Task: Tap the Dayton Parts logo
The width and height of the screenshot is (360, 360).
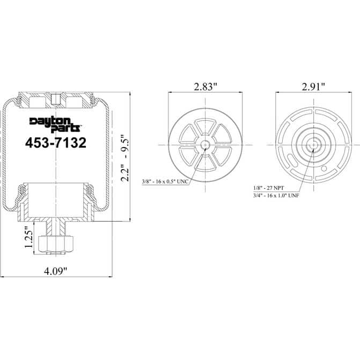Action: coord(55,124)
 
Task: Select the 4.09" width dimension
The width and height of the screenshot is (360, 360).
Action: coord(56,271)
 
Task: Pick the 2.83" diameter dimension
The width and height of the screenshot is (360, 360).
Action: coord(205,86)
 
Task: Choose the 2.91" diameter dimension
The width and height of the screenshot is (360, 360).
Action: coord(313,86)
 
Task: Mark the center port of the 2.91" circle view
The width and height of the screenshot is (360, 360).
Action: coord(313,145)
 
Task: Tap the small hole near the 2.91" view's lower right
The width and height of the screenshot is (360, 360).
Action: coord(323,169)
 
